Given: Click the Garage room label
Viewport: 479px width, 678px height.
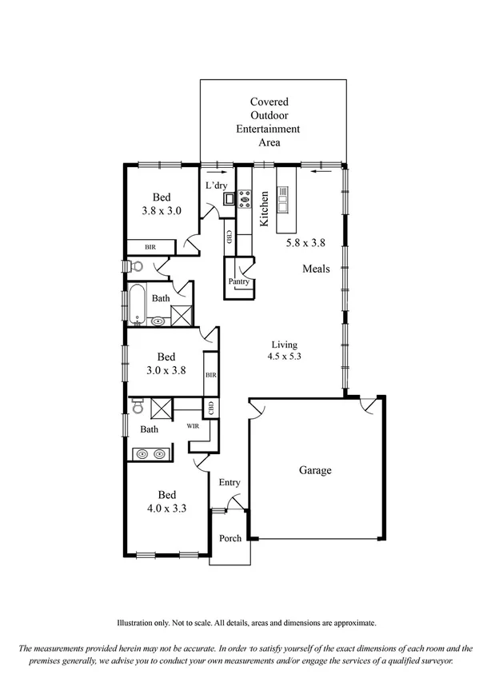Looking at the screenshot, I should [x=315, y=471].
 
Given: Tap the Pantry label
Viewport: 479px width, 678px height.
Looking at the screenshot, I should [x=239, y=282].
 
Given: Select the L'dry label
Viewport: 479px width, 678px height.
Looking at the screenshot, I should [x=217, y=185].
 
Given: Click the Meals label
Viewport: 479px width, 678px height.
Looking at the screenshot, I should [x=315, y=269].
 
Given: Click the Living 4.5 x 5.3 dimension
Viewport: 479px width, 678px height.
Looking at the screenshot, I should [x=284, y=357].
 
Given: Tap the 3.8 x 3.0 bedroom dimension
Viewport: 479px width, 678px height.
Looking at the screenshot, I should [x=162, y=212].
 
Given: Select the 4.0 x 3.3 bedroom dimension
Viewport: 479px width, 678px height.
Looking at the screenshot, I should [x=166, y=508].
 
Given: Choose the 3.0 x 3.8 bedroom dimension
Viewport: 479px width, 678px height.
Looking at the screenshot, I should [x=166, y=370].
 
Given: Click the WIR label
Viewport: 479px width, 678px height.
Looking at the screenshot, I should [x=193, y=427].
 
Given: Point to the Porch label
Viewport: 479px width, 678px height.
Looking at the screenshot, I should [x=230, y=538].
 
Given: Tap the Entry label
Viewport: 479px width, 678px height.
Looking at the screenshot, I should [x=230, y=482].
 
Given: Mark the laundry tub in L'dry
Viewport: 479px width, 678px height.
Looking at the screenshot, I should [x=229, y=198].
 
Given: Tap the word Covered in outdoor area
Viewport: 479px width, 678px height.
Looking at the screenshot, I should [x=269, y=102].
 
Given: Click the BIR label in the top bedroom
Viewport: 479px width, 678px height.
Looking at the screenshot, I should [x=150, y=248].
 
